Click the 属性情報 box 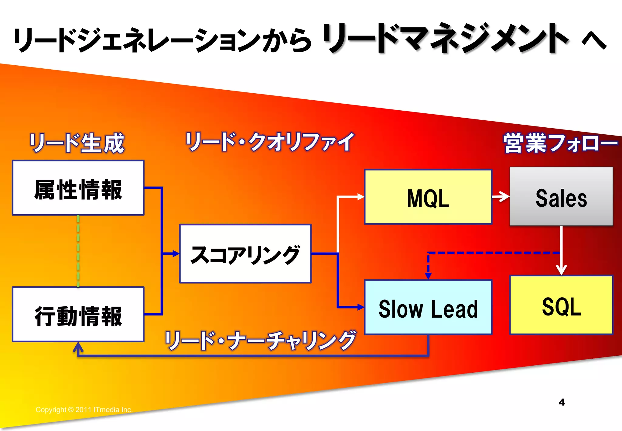click(78, 188)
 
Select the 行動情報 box click(78, 314)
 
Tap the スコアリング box click(245, 253)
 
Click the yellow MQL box click(428, 197)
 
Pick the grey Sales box click(561, 196)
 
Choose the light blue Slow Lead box click(428, 307)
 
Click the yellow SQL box click(561, 305)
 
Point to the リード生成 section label click(77, 143)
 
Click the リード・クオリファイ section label click(270, 142)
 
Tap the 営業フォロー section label click(560, 143)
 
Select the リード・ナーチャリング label click(260, 340)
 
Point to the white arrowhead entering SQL click(561, 270)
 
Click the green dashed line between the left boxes click(78, 251)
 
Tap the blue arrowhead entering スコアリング click(176, 253)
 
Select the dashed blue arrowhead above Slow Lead click(428, 276)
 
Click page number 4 click(562, 402)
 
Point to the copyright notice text click(84, 410)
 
